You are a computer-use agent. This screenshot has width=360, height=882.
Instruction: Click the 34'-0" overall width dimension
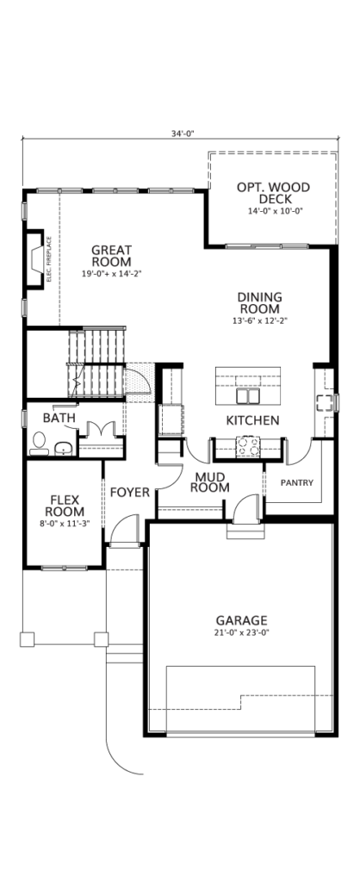(183, 134)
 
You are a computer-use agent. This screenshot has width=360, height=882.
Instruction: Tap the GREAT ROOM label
(111, 256)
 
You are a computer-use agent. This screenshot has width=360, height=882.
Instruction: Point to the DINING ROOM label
(259, 302)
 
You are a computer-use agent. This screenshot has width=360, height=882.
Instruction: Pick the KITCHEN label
(252, 420)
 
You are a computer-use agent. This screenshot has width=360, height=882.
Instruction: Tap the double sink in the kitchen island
(248, 396)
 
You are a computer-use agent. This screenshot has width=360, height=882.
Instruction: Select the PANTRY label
(296, 482)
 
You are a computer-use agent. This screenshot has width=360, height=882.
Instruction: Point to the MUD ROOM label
(210, 482)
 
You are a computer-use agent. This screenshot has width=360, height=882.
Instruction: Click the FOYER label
(130, 493)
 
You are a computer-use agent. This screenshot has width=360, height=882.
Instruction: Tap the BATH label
(59, 418)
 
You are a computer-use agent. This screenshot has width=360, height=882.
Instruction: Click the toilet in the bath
(38, 443)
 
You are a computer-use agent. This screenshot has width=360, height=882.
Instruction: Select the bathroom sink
(64, 448)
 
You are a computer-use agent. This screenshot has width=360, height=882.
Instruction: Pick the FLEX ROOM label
(65, 506)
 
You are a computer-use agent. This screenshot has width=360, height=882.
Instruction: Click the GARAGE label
(241, 620)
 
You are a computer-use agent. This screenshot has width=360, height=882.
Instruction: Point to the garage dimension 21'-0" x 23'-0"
(242, 632)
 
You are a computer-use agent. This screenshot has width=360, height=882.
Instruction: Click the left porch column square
(27, 639)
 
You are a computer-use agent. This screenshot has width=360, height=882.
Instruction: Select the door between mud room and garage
(245, 508)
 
